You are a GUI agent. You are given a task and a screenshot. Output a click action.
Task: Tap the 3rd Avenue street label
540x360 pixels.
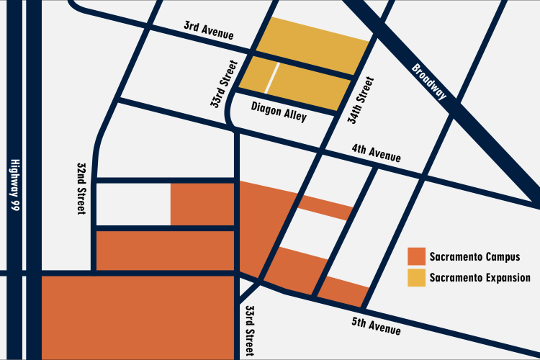[210, 30]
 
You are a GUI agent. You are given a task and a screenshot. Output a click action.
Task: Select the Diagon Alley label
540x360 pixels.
[279, 112]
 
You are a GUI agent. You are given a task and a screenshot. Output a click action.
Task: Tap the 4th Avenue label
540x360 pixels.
[376, 154]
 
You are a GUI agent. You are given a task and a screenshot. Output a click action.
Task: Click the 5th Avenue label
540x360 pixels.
[376, 325]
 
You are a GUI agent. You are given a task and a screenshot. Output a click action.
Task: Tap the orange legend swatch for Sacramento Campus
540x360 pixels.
[416, 256]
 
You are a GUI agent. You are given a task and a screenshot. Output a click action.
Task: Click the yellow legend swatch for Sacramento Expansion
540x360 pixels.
[416, 277]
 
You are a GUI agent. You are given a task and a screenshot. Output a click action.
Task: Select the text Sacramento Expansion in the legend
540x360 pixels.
[480, 277]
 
